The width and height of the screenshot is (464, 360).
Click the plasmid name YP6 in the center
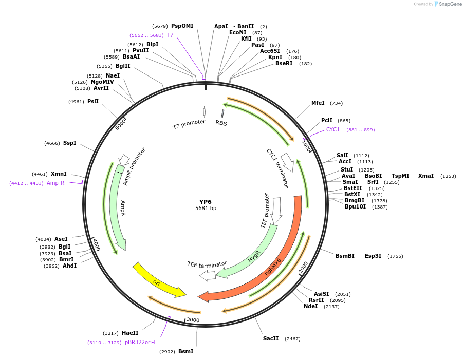click(x=205, y=202)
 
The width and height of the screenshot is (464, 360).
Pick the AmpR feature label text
click(x=123, y=208)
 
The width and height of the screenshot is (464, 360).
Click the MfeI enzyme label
click(x=318, y=103)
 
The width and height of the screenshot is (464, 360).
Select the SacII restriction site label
click(x=271, y=338)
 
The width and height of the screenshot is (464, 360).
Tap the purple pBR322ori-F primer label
click(x=141, y=342)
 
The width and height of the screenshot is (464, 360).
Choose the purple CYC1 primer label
click(x=333, y=130)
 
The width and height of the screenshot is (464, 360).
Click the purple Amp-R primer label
click(x=55, y=183)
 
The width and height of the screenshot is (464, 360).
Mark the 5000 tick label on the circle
click(x=120, y=124)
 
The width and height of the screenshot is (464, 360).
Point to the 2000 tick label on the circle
click(x=304, y=267)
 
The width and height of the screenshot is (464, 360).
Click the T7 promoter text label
click(x=189, y=124)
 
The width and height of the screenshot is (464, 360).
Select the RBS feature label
click(x=221, y=123)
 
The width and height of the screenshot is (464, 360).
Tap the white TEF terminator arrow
click(x=208, y=276)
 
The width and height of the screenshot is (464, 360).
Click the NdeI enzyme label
click(x=311, y=307)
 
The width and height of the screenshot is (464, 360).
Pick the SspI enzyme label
click(x=69, y=143)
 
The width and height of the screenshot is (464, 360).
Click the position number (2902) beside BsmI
click(x=167, y=352)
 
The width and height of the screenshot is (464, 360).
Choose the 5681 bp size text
click(x=206, y=209)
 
